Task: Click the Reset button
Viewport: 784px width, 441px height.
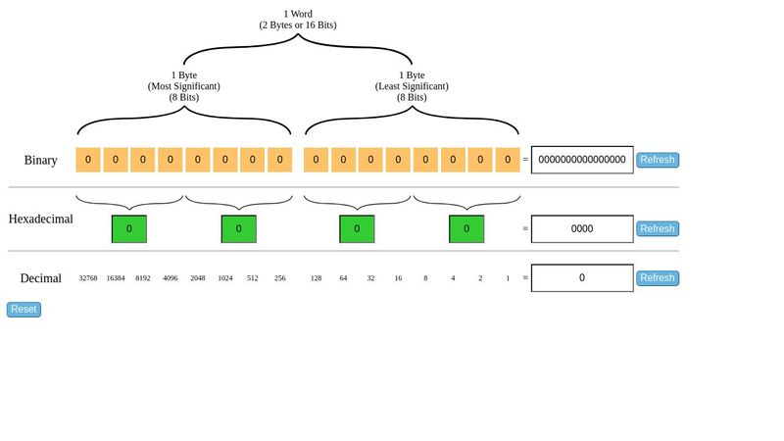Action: click(x=24, y=310)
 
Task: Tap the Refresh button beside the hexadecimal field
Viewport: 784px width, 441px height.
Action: click(x=657, y=229)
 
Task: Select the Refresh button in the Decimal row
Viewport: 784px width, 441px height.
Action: click(x=657, y=278)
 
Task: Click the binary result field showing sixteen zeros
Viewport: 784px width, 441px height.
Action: click(x=582, y=160)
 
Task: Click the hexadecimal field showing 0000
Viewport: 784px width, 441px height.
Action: click(x=582, y=229)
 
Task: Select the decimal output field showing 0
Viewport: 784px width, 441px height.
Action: click(x=582, y=278)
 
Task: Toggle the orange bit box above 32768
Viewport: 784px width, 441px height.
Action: click(x=88, y=160)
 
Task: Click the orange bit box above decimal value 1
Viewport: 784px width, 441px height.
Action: click(x=508, y=160)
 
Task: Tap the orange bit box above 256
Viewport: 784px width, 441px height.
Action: click(x=280, y=160)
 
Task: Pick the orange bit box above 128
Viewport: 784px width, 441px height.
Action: click(x=316, y=160)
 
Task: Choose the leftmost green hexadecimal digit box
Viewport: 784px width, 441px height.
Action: click(x=129, y=229)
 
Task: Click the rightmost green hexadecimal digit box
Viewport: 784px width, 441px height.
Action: click(x=466, y=229)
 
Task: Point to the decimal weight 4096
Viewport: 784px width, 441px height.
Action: click(x=171, y=278)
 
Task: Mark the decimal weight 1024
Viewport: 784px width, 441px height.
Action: click(x=225, y=278)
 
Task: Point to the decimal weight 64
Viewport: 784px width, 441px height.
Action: click(x=343, y=278)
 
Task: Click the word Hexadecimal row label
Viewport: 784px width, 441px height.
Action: click(x=41, y=220)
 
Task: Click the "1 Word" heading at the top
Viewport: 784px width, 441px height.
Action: click(x=298, y=14)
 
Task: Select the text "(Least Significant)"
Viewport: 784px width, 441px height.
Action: click(x=412, y=86)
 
